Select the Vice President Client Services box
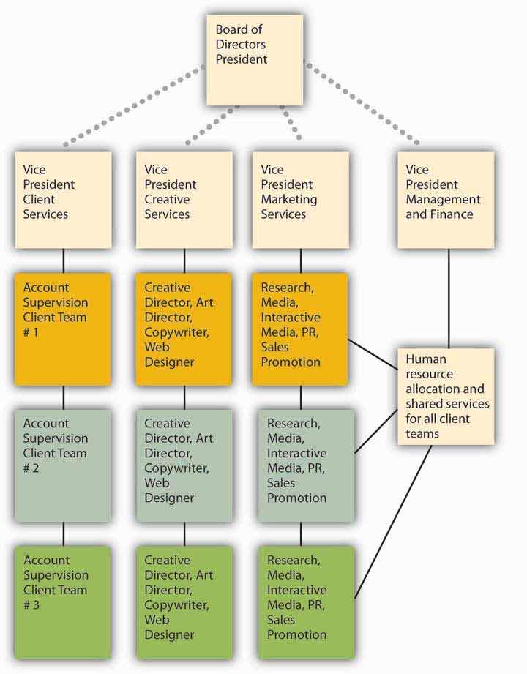(64, 199)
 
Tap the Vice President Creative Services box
(184, 199)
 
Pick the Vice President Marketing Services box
(301, 199)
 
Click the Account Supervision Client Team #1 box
(64, 329)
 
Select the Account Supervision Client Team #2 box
(64, 465)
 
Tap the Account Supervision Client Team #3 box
(64, 602)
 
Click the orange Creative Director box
(184, 329)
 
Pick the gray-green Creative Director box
(184, 465)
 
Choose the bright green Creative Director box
(184, 602)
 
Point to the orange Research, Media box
(299, 329)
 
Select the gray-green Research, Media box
(305, 465)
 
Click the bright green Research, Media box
(305, 602)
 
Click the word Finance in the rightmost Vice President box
(456, 214)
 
